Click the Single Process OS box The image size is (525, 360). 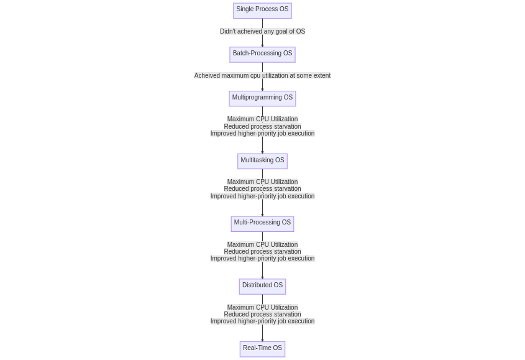click(x=262, y=11)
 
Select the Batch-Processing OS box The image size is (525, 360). click(x=262, y=55)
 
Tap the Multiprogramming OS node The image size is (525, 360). click(x=262, y=98)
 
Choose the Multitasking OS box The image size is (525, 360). click(x=262, y=161)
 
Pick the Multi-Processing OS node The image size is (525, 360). click(x=262, y=224)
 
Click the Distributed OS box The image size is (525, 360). click(x=262, y=287)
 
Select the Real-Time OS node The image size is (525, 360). click(x=262, y=349)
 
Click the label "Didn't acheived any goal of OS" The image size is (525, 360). click(x=262, y=31)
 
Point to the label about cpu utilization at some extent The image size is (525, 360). click(x=262, y=75)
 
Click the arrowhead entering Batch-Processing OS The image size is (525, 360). click(x=262, y=45)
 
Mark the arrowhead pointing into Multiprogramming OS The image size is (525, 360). click(x=262, y=90)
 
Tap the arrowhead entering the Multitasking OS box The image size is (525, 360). click(x=262, y=152)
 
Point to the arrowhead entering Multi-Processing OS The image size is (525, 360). click(x=262, y=215)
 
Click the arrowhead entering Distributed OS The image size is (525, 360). click(x=262, y=277)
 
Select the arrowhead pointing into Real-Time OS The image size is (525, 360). click(x=262, y=340)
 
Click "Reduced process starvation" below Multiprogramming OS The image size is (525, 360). click(x=262, y=126)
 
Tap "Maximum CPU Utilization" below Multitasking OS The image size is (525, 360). click(x=262, y=182)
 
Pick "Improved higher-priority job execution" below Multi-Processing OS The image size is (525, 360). click(x=262, y=259)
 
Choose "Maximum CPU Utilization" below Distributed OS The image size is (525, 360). click(x=262, y=307)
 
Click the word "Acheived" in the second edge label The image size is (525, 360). click(x=207, y=75)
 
